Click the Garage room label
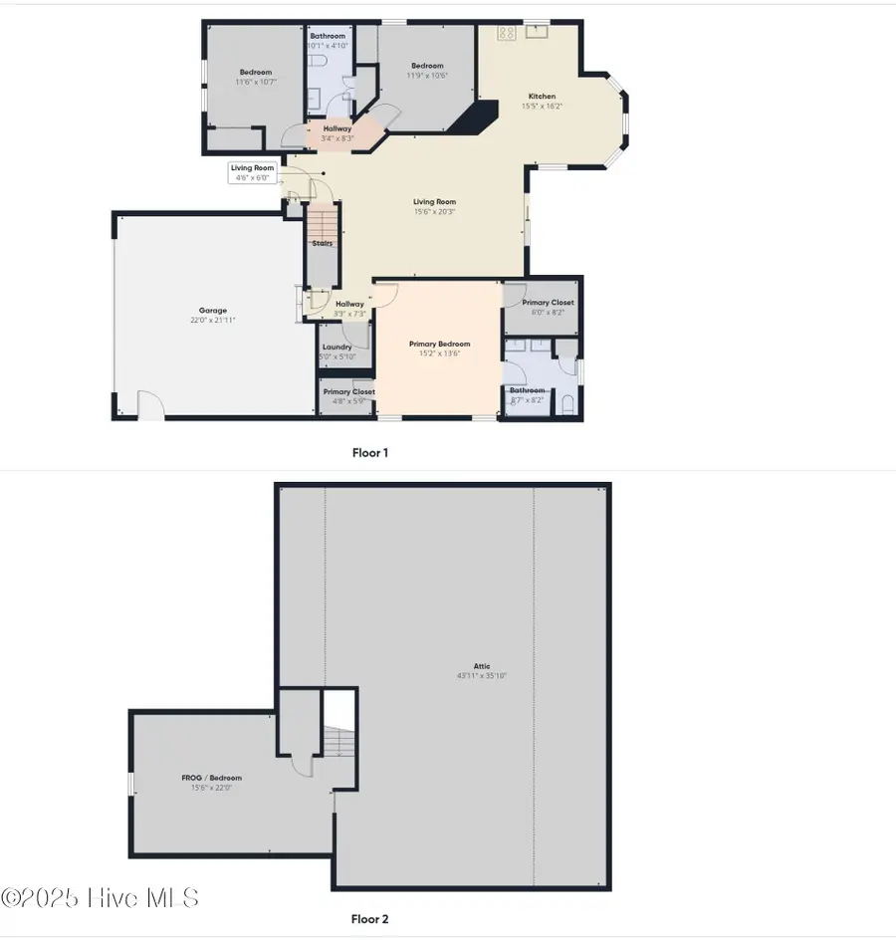pyautogui.click(x=211, y=311)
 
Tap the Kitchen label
pyautogui.click(x=542, y=97)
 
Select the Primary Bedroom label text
pyautogui.click(x=439, y=345)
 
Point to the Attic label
pyautogui.click(x=482, y=666)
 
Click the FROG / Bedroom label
pyautogui.click(x=211, y=778)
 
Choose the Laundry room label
pyautogui.click(x=336, y=348)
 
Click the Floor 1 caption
pyautogui.click(x=369, y=453)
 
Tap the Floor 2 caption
pyautogui.click(x=369, y=919)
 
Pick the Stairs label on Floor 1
pyautogui.click(x=322, y=243)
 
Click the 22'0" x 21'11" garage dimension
pyautogui.click(x=211, y=321)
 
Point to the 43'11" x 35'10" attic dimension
pyautogui.click(x=482, y=676)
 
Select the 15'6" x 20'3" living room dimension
pyautogui.click(x=435, y=211)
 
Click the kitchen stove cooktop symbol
pyautogui.click(x=506, y=33)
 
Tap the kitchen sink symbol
pyautogui.click(x=538, y=31)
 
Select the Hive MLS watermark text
pyautogui.click(x=100, y=897)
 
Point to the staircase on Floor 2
pyautogui.click(x=339, y=743)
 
